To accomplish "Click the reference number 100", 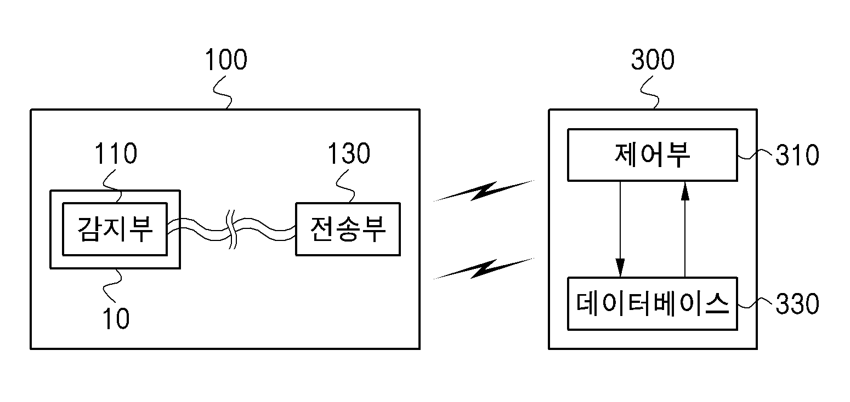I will tap(225, 60).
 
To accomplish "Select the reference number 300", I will tap(652, 60).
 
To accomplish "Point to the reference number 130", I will tap(348, 154).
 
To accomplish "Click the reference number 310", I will tap(797, 157).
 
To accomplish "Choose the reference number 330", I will tap(797, 304).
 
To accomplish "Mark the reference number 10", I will tap(116, 319).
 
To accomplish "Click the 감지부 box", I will tap(115, 229).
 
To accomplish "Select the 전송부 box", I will tap(348, 229).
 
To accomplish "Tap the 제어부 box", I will tap(651, 155).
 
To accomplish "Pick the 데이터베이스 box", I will tap(651, 303).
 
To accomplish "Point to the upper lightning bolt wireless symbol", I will tap(483, 191).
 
